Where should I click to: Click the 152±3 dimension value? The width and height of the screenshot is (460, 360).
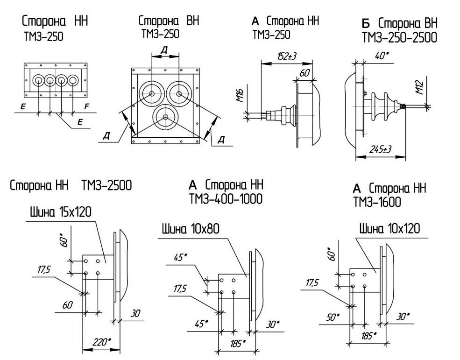286,56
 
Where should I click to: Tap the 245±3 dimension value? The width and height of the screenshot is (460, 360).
381,149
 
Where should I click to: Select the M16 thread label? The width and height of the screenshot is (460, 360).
241,96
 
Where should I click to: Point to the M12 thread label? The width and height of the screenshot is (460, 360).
420,87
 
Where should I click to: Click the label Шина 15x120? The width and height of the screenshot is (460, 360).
61,212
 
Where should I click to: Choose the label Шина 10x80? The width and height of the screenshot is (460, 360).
191,229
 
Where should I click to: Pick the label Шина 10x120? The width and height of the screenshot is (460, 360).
389,228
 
